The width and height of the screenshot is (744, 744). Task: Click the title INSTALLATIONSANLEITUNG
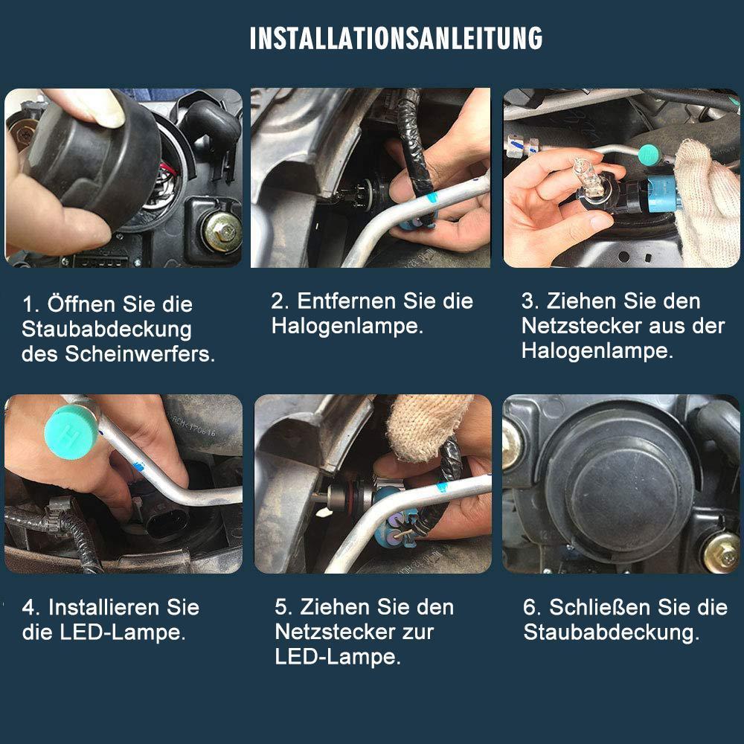396,39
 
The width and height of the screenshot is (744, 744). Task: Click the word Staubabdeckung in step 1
106,330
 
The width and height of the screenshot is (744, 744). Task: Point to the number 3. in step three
530,301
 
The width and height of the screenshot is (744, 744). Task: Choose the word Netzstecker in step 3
580,326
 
